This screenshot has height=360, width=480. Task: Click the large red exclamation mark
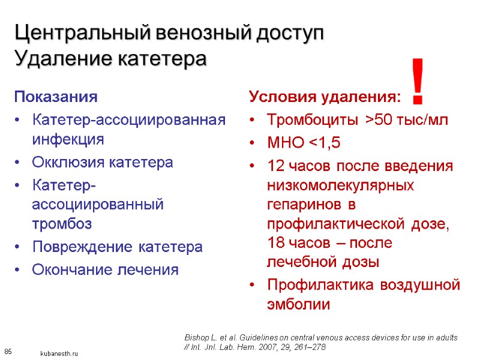[x=419, y=80]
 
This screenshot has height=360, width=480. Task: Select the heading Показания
[x=56, y=97]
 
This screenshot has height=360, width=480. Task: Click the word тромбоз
[x=62, y=224]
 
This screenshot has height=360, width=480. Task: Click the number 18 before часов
[x=275, y=243]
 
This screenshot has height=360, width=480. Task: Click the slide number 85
[x=8, y=350]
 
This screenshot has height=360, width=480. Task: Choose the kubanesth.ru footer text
[x=59, y=354]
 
